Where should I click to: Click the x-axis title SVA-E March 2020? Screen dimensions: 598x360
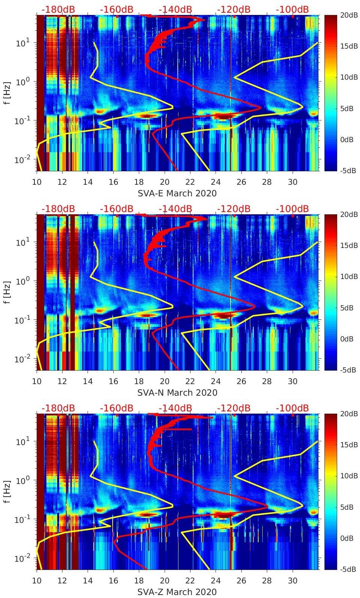click(177, 193)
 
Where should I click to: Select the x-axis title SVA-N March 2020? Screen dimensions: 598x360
click(177, 393)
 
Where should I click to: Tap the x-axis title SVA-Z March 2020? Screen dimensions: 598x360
click(177, 592)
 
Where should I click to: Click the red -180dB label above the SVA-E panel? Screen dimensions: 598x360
click(58, 9)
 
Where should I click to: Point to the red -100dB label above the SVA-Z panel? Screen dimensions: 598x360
click(292, 408)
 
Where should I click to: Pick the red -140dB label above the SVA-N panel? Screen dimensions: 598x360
click(175, 209)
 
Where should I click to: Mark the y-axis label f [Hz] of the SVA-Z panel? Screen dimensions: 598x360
click(8, 491)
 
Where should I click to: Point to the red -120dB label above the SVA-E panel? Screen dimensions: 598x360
click(234, 9)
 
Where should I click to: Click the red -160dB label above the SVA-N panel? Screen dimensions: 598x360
click(116, 209)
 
